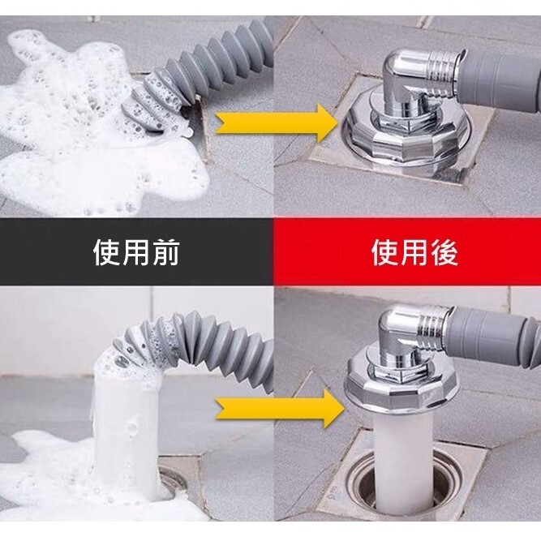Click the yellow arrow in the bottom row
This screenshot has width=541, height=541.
280,409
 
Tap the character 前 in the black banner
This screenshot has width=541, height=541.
166,253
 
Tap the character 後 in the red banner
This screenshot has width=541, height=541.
444,253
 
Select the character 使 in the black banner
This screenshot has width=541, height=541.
107,253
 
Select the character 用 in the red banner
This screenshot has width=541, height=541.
414,253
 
